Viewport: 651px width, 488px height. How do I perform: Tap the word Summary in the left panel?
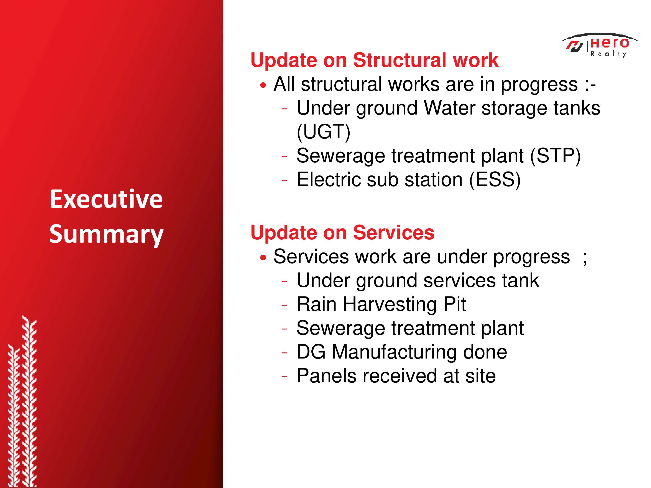coord(106,234)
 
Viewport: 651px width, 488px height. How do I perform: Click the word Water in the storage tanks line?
coord(450,108)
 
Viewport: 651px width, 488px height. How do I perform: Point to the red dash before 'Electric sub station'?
coord(284,181)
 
